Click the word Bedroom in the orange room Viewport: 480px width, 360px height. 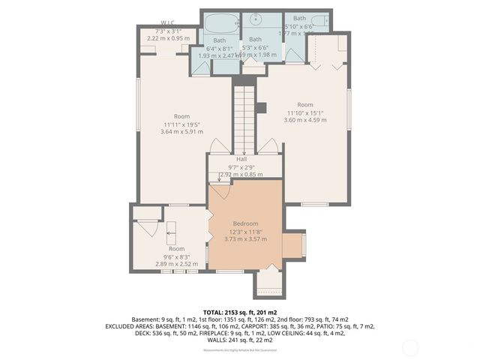tap(245, 223)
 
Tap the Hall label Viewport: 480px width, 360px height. tap(241, 159)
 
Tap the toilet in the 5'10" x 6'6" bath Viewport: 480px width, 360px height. tap(319, 22)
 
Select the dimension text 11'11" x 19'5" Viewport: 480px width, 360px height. tap(181, 124)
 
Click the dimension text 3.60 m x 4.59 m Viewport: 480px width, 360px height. tap(304, 119)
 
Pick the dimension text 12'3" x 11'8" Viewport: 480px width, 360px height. tap(245, 231)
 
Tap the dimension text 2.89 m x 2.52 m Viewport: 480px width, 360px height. tap(176, 263)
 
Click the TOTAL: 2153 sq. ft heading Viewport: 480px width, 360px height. tap(240, 311)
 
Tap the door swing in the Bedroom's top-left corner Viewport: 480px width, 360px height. tap(220, 190)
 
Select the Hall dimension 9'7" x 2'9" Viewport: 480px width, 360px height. tap(241, 166)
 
